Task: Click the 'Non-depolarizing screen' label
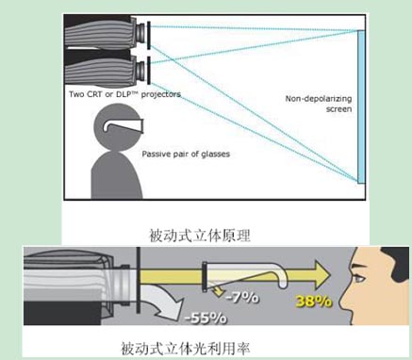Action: pos(318,104)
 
